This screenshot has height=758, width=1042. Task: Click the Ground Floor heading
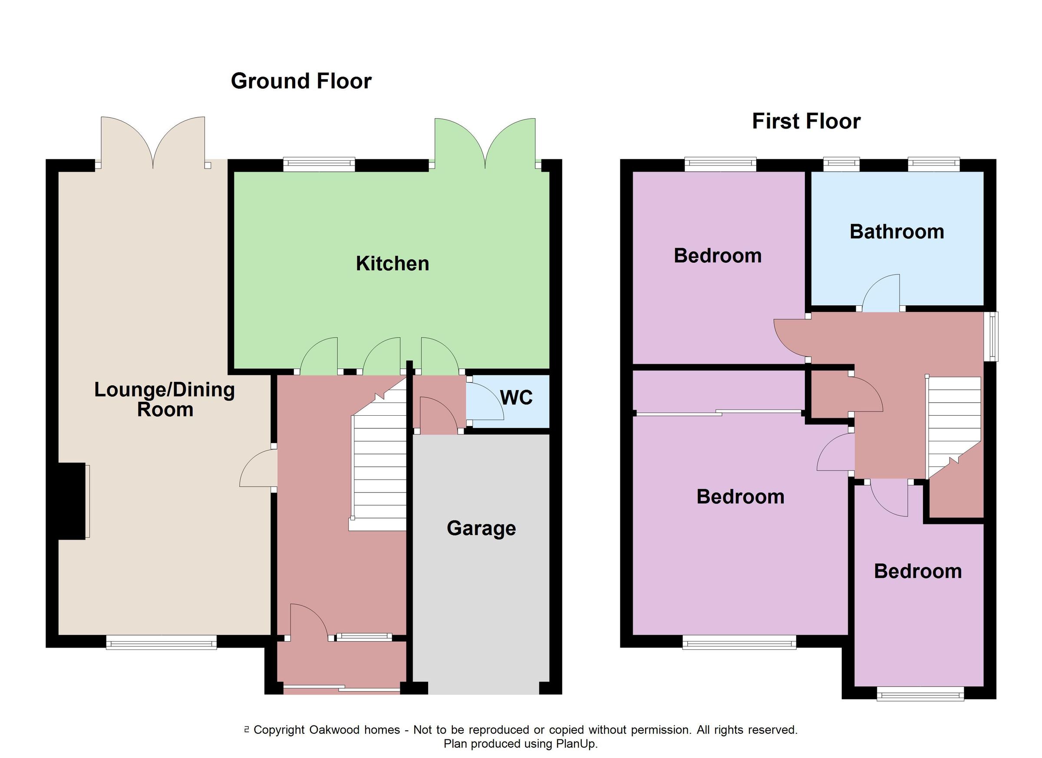click(301, 81)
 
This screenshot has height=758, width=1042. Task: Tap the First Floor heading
click(806, 122)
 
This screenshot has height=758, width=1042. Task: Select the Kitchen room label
click(392, 264)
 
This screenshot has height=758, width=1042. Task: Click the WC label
click(516, 397)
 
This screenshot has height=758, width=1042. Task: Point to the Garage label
click(481, 528)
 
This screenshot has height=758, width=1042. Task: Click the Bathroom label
click(897, 232)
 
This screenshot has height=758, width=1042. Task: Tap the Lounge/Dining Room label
click(165, 400)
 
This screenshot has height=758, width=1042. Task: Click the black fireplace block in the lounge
click(72, 501)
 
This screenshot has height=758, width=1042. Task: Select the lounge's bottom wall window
click(161, 642)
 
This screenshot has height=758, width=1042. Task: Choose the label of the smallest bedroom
click(917, 571)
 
